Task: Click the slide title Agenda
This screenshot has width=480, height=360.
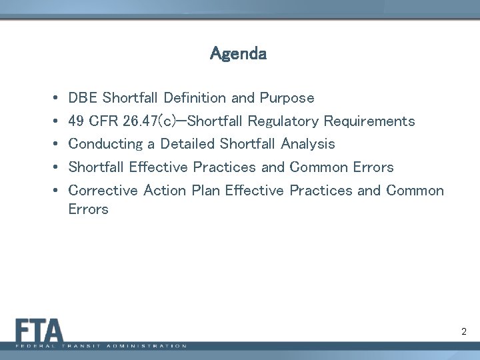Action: point(239,53)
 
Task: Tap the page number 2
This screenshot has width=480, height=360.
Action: point(463,331)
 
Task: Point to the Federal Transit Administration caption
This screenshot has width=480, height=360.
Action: point(101,347)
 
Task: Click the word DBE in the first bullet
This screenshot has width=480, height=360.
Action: point(83,98)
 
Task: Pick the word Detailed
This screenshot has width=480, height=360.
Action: point(187,144)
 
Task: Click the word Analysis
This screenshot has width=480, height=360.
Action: point(308,144)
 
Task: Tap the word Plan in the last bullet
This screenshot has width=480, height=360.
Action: point(206,191)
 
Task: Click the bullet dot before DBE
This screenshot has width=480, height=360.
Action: point(53,99)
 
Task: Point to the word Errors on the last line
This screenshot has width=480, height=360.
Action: point(88,209)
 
